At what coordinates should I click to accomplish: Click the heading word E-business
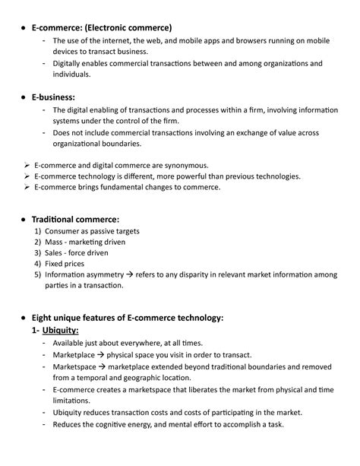52,97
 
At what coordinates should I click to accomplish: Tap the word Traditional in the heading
56,218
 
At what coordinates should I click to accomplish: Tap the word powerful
185,176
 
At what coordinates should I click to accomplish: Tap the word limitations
72,401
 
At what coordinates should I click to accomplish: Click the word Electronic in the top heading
118,27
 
